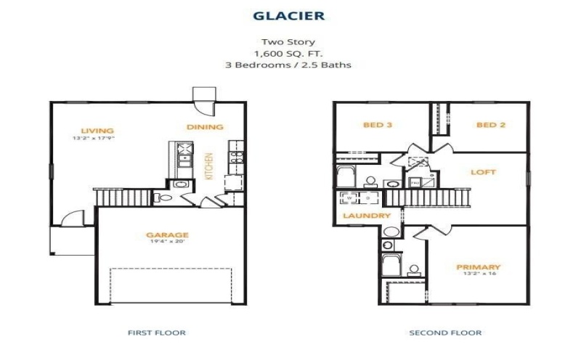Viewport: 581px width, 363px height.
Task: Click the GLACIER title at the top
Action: pos(289,15)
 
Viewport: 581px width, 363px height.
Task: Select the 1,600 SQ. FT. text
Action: pos(289,54)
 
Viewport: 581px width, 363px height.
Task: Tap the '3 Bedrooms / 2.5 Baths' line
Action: pos(289,65)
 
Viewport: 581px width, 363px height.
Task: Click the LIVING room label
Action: pos(92,131)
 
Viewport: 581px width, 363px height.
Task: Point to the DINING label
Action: pos(205,127)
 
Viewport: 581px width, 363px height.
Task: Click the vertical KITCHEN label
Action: pos(208,166)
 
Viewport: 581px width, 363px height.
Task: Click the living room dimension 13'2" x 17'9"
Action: pos(93,138)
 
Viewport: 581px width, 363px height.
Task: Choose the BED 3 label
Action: pos(378,125)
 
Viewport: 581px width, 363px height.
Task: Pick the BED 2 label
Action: pos(490,125)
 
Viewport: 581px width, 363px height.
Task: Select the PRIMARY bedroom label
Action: pos(479,266)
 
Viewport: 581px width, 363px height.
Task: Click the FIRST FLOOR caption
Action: pos(156,333)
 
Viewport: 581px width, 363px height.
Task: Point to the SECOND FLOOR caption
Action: pos(446,333)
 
